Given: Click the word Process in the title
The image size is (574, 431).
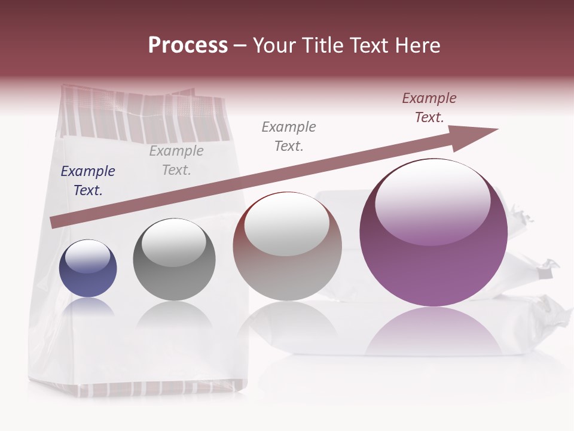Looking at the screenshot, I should coord(188,45).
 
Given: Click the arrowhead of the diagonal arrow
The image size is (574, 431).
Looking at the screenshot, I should coord(478,133).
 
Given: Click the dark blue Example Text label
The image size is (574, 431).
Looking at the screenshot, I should coord(88,181).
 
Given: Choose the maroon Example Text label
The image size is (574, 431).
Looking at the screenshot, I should coord(429,108).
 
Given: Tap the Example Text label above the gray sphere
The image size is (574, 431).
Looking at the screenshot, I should coord(176,160).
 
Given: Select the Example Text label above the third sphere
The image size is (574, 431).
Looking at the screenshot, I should coord(289,136).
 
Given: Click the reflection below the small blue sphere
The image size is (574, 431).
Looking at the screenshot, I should coord(88,308).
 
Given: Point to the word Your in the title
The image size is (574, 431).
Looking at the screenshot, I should coord(274,45).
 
